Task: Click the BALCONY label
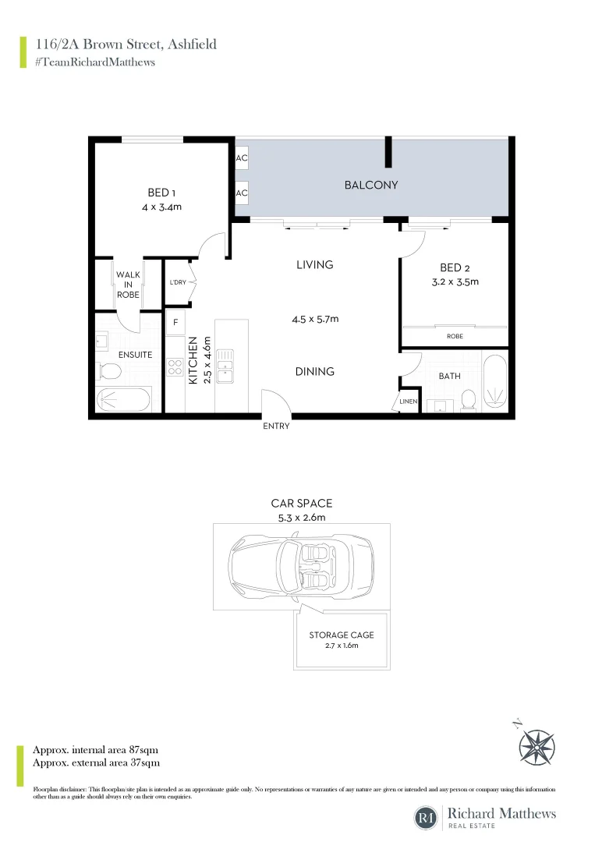371,185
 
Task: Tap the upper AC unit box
242,158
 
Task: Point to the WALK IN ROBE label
128,285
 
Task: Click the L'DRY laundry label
178,282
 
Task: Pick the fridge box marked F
175,321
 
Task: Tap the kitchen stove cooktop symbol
175,367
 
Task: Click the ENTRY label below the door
276,426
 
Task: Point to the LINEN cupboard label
409,402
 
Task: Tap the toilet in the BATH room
469,399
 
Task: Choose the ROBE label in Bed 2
455,336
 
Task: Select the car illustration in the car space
301,562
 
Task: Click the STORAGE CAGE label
342,635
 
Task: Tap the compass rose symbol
537,744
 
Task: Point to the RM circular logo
426,818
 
